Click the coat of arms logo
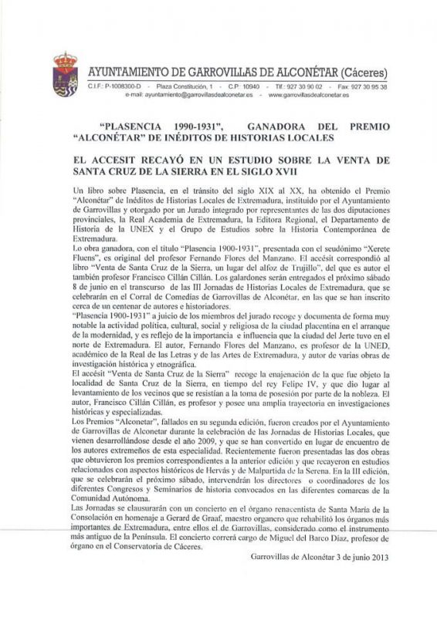coord(65,75)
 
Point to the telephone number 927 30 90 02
coord(304,87)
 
